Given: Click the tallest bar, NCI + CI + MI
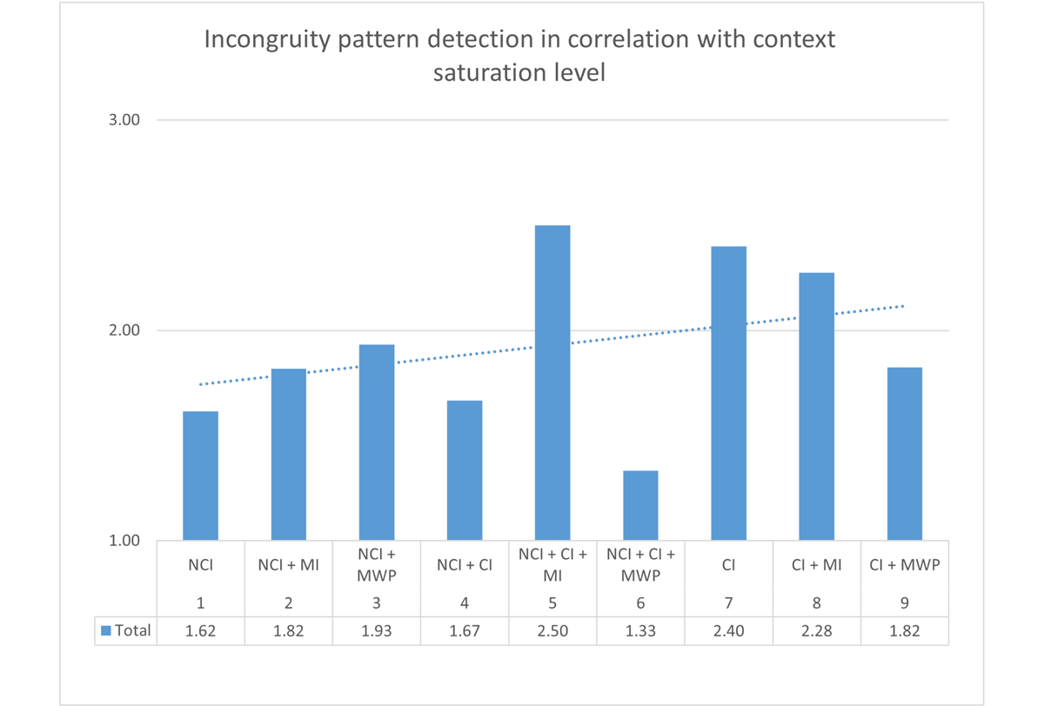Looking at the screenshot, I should click(552, 383).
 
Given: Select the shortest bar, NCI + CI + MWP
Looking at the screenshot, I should click(640, 505).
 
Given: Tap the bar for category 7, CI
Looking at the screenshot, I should click(728, 393).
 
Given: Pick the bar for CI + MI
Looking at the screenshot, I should click(816, 406).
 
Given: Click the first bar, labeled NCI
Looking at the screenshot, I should click(200, 476).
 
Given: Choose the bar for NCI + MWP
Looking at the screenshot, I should click(377, 443).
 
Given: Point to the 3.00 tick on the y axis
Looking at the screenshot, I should click(124, 120).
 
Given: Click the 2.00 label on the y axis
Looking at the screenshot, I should click(124, 330).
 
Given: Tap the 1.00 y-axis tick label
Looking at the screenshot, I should click(124, 541).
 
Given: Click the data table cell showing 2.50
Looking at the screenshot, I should click(552, 631).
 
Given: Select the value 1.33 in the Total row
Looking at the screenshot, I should click(640, 631).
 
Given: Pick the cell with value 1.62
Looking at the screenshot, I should click(200, 631).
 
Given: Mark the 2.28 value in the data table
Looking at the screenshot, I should click(816, 631).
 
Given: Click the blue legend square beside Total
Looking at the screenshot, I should click(106, 630).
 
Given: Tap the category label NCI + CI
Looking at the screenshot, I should click(465, 565).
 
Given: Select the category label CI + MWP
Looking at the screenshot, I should click(905, 565).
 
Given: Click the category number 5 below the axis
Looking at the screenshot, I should click(552, 603).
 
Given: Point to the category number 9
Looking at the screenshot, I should click(905, 603).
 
